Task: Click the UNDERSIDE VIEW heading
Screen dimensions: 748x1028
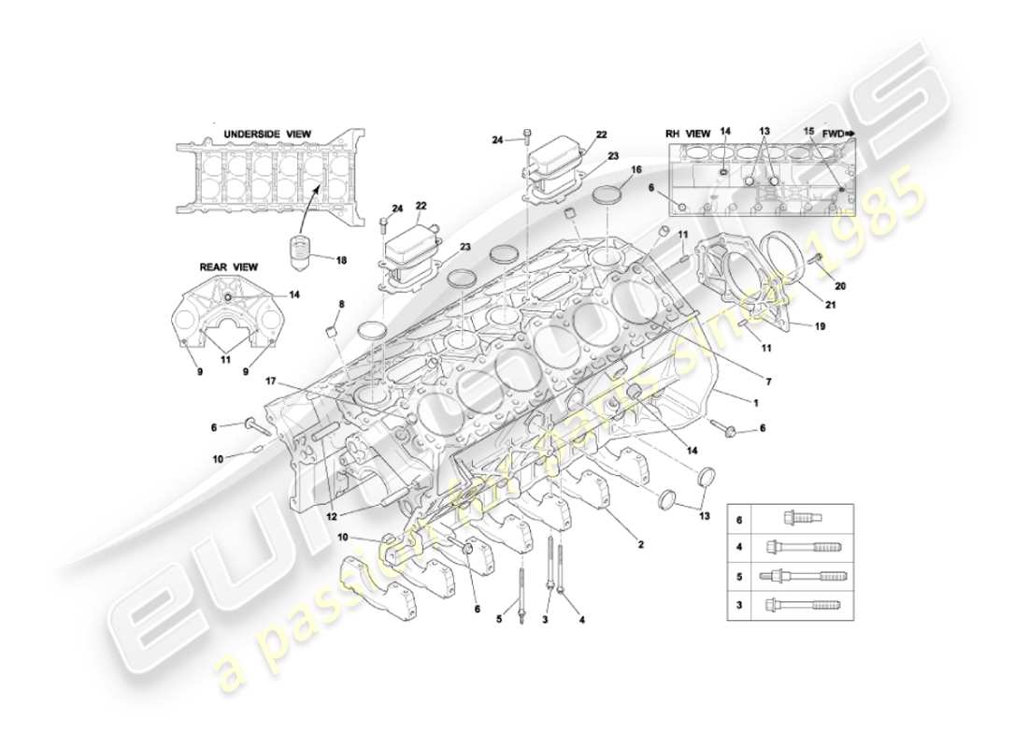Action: [x=266, y=135]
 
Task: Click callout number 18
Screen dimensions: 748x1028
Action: [x=341, y=261]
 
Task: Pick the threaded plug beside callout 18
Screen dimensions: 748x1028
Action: [x=299, y=252]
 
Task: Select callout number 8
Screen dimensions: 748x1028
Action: [x=341, y=304]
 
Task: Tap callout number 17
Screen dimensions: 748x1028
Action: [x=270, y=381]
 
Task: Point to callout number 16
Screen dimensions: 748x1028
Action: [x=636, y=171]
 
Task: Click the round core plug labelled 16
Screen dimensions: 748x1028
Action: [x=609, y=196]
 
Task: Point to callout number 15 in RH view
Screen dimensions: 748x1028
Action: [x=808, y=134]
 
